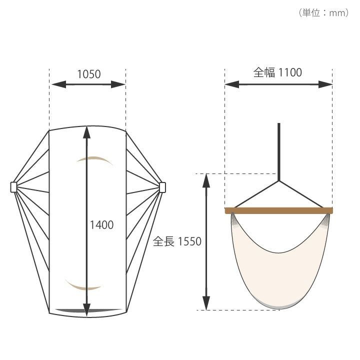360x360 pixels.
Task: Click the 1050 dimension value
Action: [x=89, y=74]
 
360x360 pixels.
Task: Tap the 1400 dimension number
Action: [x=101, y=225]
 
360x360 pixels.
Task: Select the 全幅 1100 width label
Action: [x=277, y=72]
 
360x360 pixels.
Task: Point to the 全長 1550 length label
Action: [x=177, y=241]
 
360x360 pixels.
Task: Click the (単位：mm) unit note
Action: [x=323, y=12]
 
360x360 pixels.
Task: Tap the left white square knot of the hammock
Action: [x=14, y=187]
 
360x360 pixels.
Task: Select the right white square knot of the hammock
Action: [x=162, y=187]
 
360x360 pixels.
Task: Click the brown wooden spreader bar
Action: [x=278, y=210]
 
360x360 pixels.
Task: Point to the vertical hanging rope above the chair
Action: [x=278, y=152]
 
